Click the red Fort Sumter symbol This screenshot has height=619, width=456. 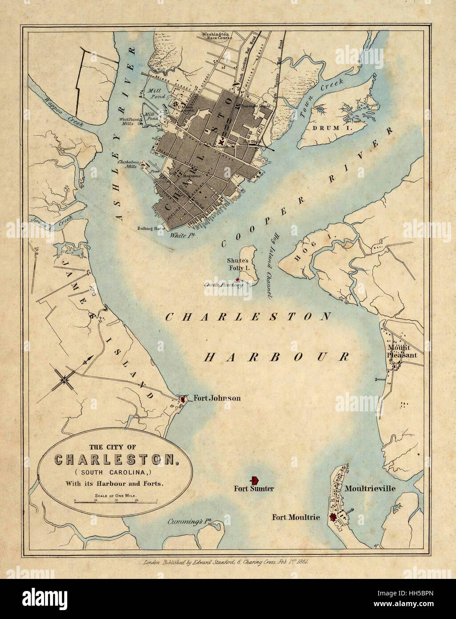click(255, 480)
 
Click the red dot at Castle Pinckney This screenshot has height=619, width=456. click(238, 280)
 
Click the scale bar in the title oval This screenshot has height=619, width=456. click(116, 501)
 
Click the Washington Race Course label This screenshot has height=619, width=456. click(215, 36)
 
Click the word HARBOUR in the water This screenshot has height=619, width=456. click(276, 357)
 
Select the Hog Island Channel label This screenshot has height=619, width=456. click(270, 265)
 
